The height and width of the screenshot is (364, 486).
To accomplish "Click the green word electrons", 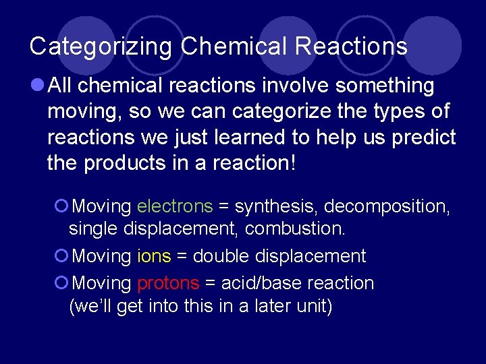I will tap(175, 206).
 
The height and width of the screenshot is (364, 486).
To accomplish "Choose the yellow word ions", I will tap(154, 256).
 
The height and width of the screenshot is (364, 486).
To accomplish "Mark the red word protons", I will tap(168, 283).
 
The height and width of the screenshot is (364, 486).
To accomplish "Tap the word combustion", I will tap(295, 229).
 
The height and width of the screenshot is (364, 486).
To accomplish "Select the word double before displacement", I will tap(217, 256).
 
